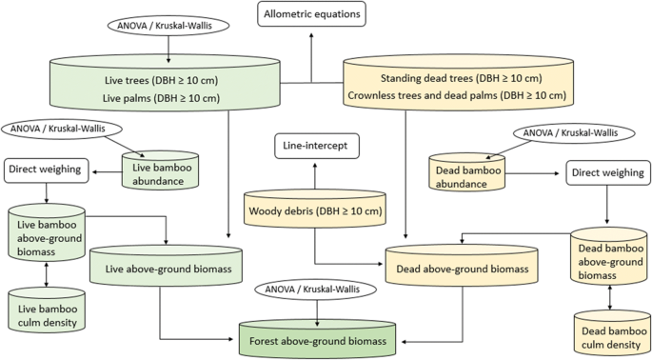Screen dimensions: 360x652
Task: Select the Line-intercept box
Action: coord(313,146)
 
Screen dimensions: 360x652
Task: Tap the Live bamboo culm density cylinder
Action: coord(46,308)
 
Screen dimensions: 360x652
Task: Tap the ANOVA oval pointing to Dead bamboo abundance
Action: coord(572,132)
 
